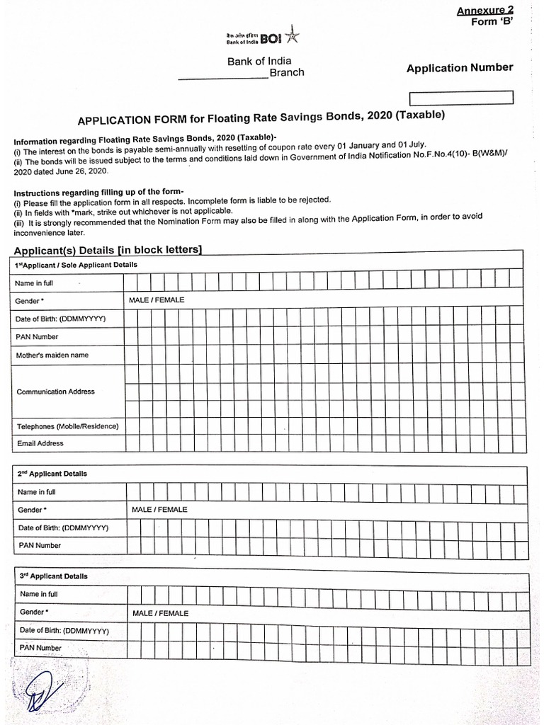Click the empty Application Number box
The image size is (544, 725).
[460, 98]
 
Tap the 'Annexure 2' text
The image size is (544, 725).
[484, 10]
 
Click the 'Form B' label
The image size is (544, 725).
[492, 21]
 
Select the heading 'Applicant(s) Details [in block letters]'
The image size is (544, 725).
[108, 249]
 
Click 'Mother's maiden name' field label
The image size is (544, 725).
[52, 355]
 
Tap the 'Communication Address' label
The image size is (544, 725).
[55, 392]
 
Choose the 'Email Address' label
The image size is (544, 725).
[40, 443]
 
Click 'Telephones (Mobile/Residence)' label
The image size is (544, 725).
[67, 426]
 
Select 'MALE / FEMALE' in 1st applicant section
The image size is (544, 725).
[157, 300]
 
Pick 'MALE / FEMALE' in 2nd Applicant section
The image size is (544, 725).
[159, 509]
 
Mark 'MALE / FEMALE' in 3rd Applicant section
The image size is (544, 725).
[160, 613]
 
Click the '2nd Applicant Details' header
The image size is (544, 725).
[53, 474]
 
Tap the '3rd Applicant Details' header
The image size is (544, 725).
[54, 576]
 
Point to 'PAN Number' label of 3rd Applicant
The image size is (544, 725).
[41, 648]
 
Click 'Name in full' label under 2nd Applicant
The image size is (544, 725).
[37, 492]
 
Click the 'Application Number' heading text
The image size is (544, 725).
[460, 68]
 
